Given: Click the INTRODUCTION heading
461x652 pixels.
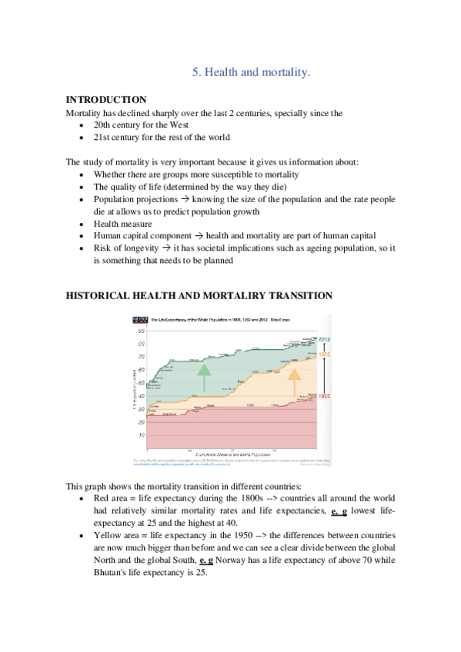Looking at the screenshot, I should coord(105,100).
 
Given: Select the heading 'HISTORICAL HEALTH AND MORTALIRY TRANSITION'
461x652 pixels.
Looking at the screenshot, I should coord(199,296).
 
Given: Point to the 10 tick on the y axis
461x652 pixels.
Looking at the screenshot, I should coord(142,435).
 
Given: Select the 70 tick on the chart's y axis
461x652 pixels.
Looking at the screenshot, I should coord(142,358).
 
